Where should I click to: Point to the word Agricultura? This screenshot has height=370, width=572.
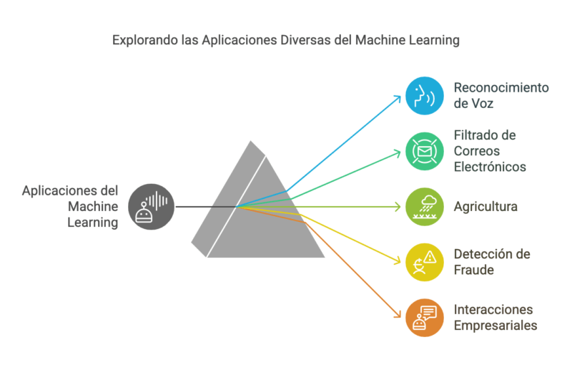(x=485, y=207)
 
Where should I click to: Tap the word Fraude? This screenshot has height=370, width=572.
(x=474, y=270)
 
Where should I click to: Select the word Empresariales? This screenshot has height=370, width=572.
(x=495, y=326)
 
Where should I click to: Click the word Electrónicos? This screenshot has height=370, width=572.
(x=490, y=167)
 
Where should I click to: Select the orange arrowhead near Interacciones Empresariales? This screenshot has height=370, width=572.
(x=399, y=314)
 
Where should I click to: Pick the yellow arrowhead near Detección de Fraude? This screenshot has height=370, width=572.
(x=399, y=261)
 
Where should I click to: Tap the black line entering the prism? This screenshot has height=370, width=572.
(x=204, y=207)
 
